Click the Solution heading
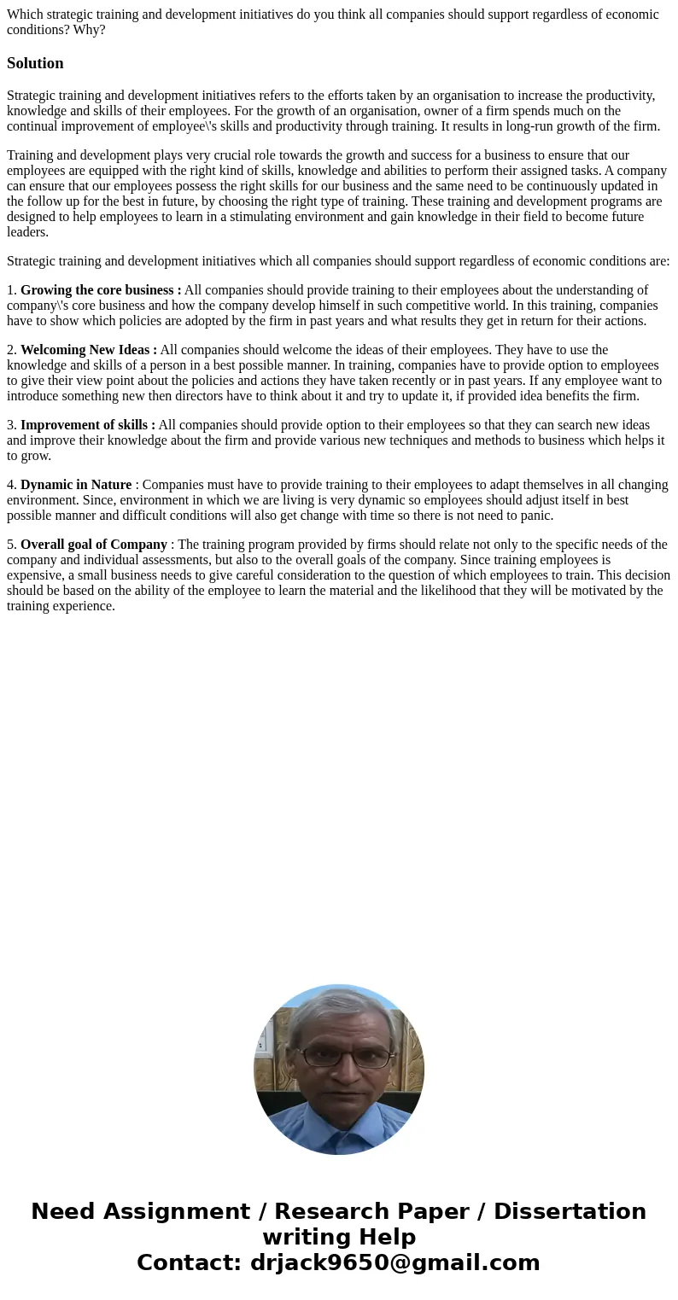35,63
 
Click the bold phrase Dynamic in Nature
76,485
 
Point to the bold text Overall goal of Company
94,545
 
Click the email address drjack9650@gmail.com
395,1262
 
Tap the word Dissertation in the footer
570,1211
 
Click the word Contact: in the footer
190,1262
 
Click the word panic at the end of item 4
535,516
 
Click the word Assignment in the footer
140,1211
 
